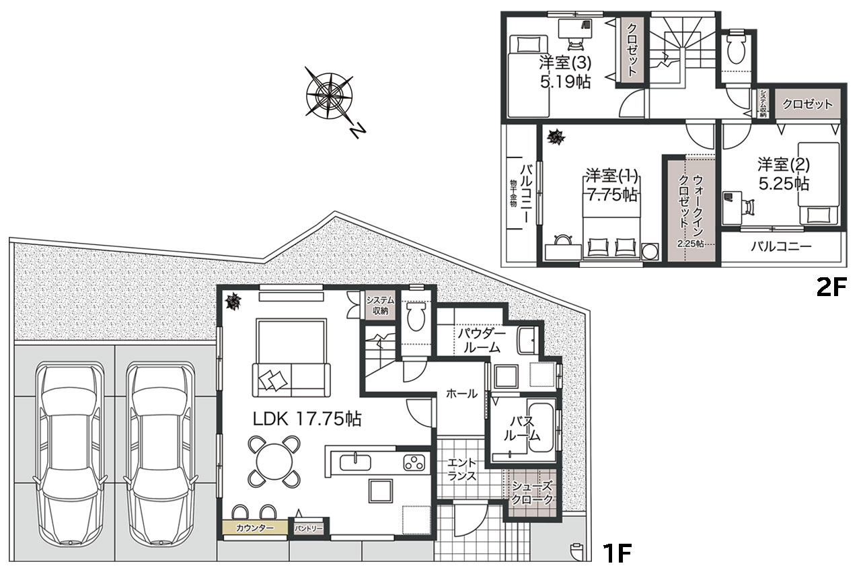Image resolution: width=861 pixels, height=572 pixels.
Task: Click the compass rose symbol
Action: (330, 95)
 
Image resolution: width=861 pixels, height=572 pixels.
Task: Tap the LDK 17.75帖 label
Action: (307, 419)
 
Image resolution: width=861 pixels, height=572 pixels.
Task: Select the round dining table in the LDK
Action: (274, 461)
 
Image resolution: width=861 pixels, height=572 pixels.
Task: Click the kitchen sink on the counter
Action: (356, 462)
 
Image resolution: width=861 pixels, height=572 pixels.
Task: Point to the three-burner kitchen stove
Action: (414, 463)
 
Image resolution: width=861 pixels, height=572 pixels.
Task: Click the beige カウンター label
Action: (255, 528)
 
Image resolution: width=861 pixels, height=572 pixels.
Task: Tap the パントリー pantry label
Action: (309, 528)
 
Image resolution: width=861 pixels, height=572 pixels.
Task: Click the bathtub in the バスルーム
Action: (541, 427)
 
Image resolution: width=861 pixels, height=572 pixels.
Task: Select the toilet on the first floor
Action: (416, 316)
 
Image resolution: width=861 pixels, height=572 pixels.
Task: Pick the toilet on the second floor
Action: (736, 47)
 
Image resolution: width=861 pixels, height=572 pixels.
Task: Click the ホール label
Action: (461, 394)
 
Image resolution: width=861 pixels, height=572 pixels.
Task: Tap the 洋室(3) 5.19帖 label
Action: (564, 72)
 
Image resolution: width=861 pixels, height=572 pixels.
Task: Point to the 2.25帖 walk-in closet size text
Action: (690, 244)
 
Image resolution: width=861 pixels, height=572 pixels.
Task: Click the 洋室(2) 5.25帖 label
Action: (784, 174)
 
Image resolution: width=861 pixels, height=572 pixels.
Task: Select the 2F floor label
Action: (831, 287)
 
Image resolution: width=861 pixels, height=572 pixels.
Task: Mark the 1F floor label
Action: (617, 552)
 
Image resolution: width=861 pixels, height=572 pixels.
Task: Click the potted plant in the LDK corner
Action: (233, 301)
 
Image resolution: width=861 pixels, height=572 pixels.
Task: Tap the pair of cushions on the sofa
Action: (273, 381)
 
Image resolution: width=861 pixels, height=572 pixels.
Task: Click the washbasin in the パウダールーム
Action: (527, 341)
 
